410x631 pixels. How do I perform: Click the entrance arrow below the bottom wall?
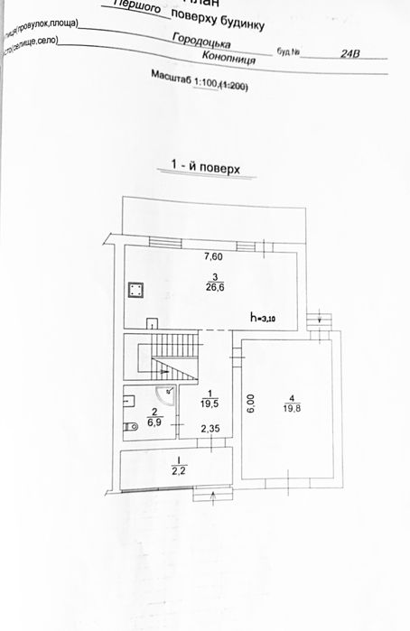(x=213, y=495)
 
